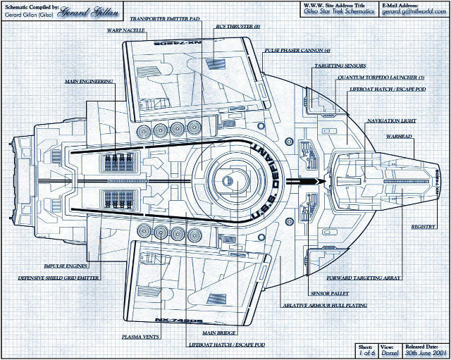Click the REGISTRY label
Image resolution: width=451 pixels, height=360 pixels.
tap(423, 227)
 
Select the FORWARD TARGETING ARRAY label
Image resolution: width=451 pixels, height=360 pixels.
tap(370, 278)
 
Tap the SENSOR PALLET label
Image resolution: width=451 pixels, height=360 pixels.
tap(328, 292)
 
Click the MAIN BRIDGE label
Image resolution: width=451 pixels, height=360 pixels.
tap(218, 332)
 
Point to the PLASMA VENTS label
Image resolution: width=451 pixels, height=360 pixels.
tap(140, 336)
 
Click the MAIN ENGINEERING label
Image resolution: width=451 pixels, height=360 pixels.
tap(89, 82)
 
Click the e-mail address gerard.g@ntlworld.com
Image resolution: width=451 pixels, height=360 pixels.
tap(413, 13)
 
